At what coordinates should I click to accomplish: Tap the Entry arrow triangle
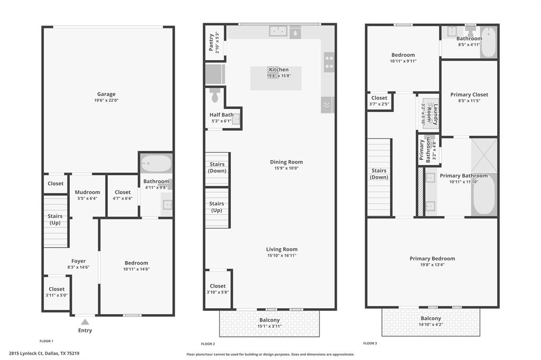(x=85, y=321)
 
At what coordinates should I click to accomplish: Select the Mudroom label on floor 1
(x=87, y=192)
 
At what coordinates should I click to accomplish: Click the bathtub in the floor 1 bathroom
(x=156, y=164)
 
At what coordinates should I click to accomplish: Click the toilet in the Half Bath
(x=214, y=96)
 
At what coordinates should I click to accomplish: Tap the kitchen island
(x=276, y=78)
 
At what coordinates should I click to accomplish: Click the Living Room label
(x=282, y=249)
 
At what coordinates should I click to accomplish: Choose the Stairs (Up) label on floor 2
(x=217, y=207)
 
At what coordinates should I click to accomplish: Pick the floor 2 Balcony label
(x=269, y=320)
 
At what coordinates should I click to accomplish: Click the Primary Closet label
(x=469, y=94)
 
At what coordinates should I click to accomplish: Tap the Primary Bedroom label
(x=432, y=259)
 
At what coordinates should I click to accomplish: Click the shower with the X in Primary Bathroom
(x=484, y=155)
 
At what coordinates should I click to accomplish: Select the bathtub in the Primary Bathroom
(x=484, y=195)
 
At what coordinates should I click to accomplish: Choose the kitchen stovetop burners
(x=329, y=62)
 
